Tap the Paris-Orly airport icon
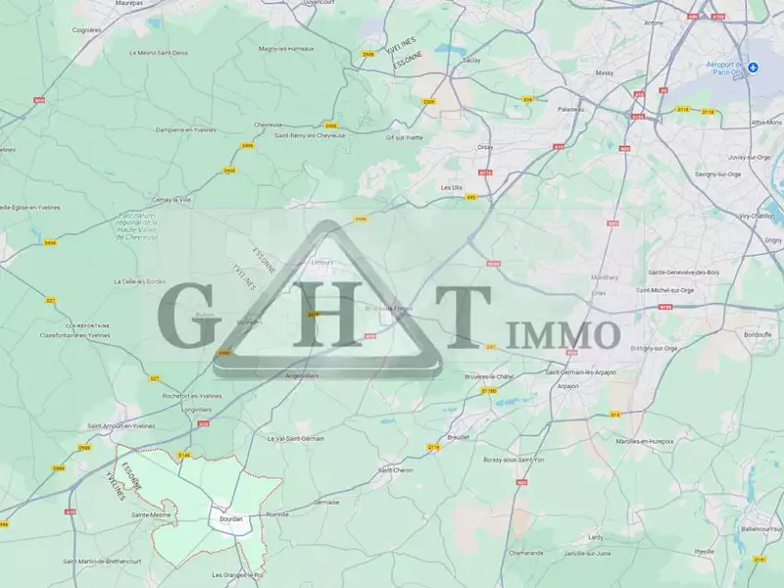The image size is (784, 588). point(753,67)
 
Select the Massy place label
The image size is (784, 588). point(604,73)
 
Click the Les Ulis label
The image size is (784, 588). point(451,187)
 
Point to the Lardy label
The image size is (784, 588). point(595,536)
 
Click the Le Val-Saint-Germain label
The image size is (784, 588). point(295,438)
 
